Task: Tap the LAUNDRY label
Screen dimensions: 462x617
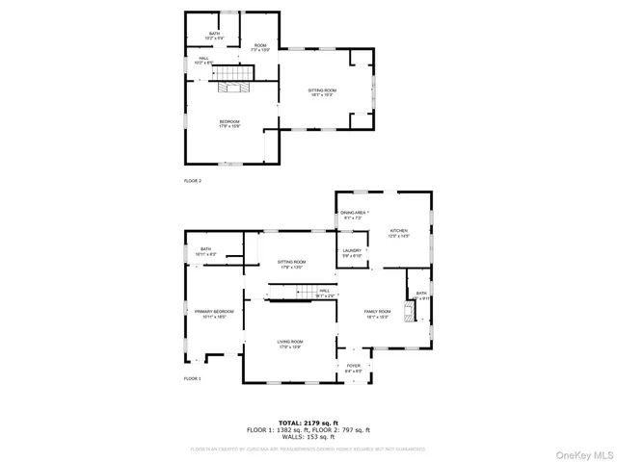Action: coord(352,252)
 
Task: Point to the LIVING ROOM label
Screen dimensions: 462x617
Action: coord(291,343)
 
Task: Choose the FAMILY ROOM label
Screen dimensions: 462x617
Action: coord(377,313)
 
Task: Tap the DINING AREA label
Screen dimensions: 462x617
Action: coord(353,214)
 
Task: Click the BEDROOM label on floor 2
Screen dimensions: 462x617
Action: coord(228,122)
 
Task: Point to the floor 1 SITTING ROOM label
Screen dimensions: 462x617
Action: coord(291,263)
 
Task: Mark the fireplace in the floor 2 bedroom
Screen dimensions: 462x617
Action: coord(231,88)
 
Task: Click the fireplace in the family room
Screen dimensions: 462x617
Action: coord(410,310)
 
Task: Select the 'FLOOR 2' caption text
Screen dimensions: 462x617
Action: coord(193,180)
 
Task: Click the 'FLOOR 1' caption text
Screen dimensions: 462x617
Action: coord(193,378)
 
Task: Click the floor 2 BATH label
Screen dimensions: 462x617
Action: coord(214,36)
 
